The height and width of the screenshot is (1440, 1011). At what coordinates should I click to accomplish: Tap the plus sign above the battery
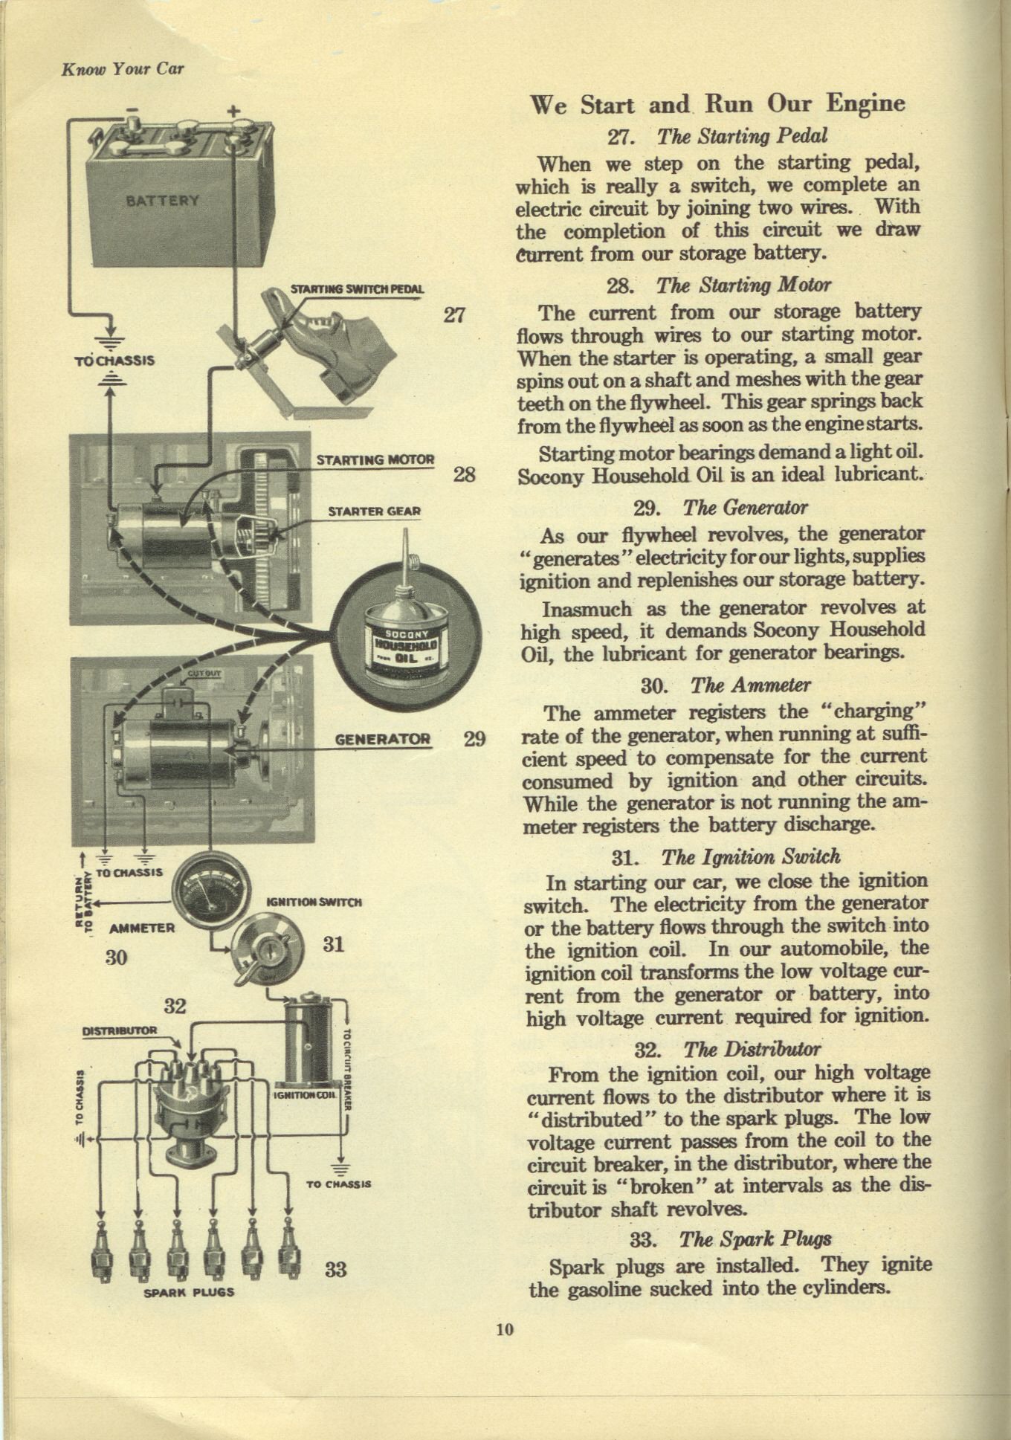pos(233,111)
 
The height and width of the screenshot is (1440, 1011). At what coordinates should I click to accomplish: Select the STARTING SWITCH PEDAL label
pos(357,289)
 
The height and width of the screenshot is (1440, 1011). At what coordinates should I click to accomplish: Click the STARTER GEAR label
pos(374,511)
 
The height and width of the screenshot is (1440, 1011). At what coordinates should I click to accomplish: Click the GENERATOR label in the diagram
pos(382,739)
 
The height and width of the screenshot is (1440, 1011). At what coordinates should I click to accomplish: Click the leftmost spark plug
pos(102,1254)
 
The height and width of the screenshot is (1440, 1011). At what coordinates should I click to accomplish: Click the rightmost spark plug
pos(289,1253)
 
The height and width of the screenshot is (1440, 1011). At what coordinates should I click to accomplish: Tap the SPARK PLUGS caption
pos(188,1292)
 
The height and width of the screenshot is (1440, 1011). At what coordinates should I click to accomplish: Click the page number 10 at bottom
pos(505,1329)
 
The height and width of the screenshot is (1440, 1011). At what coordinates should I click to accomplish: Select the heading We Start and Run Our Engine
pos(717,104)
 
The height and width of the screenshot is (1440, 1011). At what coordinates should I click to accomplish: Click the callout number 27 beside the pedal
pos(453,315)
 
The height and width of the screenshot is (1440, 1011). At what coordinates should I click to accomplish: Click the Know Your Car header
pos(123,69)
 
